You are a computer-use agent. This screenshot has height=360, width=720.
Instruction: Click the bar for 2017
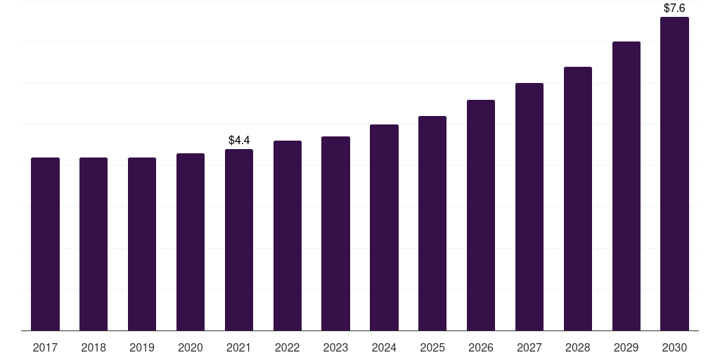click(x=45, y=244)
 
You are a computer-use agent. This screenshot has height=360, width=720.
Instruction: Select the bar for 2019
click(x=142, y=244)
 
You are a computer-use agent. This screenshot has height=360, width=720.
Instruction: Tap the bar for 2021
click(x=239, y=240)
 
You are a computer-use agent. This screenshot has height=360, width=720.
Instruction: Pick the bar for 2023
click(x=335, y=233)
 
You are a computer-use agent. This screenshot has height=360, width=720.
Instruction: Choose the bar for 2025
click(x=432, y=223)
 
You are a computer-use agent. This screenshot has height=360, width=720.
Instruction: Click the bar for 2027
click(x=529, y=207)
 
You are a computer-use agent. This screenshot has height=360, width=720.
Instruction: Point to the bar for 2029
click(x=626, y=186)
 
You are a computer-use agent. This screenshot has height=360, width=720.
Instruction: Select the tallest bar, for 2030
click(x=674, y=174)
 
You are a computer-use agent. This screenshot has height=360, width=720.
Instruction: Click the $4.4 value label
click(x=239, y=141)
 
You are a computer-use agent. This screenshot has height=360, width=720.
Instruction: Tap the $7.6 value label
click(x=674, y=8)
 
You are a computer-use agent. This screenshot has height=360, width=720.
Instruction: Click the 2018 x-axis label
click(x=94, y=347)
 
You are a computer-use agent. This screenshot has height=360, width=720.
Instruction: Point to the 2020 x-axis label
click(x=191, y=347)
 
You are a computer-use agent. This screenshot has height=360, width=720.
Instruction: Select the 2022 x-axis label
click(x=288, y=347)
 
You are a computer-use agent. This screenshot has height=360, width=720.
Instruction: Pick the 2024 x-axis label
click(x=384, y=347)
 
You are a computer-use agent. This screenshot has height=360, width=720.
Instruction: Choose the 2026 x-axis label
click(x=481, y=347)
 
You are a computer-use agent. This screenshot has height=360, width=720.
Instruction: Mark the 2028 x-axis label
click(x=578, y=347)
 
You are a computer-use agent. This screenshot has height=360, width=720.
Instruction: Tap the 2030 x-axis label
click(x=674, y=347)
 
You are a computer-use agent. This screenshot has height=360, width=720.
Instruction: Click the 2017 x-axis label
click(x=45, y=347)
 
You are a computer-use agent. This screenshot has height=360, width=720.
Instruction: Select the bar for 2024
click(x=384, y=227)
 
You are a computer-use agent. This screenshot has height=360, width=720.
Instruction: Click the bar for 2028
click(x=578, y=198)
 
